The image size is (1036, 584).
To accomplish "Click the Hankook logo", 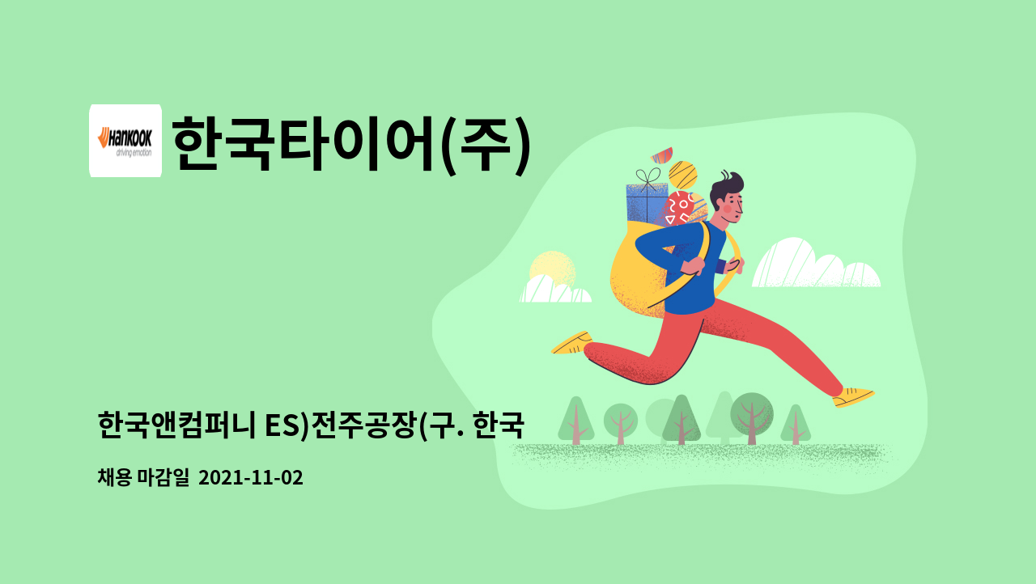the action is coord(125,141).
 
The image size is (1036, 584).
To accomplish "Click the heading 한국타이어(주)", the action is coord(351,144).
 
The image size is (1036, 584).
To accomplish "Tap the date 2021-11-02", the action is coord(251,478).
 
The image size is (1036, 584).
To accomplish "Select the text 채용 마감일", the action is coord(143,477).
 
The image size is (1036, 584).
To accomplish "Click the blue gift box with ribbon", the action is coord(647,199).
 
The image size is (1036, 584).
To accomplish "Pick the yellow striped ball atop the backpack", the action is coord(682,175).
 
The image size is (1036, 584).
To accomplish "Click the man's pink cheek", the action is coord(727,209).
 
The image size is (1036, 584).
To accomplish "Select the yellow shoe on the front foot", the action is coord(853,397).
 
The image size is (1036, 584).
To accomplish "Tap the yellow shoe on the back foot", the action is coord(572,343).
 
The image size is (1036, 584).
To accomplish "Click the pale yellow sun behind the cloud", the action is coord(552,269).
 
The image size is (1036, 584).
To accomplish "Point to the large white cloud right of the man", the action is coord(816,264).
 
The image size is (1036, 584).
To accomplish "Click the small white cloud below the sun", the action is coord(555,290).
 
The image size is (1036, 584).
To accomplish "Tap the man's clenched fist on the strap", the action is coord(693,265).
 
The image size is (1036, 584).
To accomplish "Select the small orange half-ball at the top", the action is coord(662,155).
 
